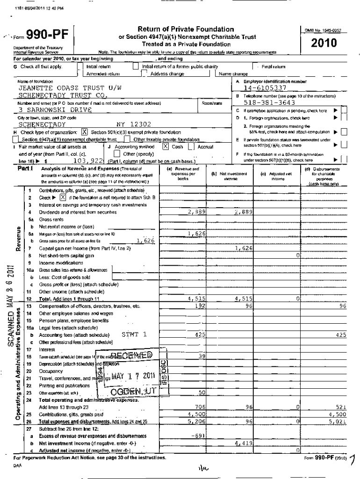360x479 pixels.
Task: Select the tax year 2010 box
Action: [x=326, y=44]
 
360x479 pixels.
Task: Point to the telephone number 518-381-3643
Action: [x=269, y=103]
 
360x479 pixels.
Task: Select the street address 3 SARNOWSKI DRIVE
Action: [x=55, y=109]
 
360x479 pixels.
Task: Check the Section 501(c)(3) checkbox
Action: [x=85, y=132]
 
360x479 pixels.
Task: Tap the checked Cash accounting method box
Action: [x=166, y=146]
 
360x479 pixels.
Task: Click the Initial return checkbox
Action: [x=80, y=67]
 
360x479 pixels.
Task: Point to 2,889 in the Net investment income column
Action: [x=244, y=212]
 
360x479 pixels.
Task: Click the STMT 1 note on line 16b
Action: [x=134, y=334]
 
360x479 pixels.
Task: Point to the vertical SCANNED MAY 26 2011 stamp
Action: [x=10, y=311]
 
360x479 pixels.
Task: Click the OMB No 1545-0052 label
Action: [x=326, y=30]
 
